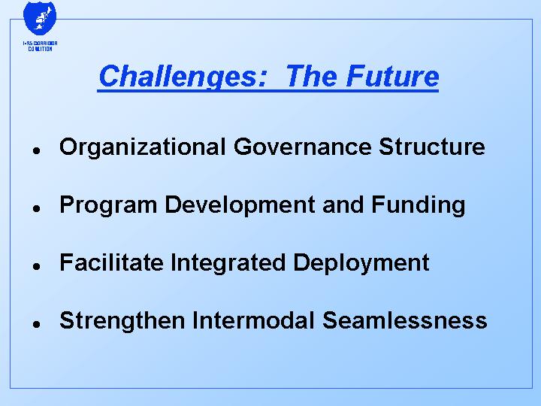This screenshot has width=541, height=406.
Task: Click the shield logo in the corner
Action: (40, 18)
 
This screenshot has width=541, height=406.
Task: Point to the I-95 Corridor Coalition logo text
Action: (40, 47)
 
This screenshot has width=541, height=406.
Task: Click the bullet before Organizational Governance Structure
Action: (35, 149)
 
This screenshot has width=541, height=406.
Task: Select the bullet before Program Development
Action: (35, 207)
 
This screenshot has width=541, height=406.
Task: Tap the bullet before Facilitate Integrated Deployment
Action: (35, 265)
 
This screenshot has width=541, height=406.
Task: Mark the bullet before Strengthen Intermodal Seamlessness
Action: (35, 323)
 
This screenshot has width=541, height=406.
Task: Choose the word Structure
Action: (432, 147)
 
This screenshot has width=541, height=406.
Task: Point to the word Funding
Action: (418, 205)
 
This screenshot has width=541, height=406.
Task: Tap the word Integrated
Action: (229, 263)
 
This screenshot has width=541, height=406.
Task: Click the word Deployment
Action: (361, 263)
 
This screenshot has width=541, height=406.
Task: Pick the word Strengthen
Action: (122, 321)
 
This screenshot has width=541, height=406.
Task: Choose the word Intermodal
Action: (254, 320)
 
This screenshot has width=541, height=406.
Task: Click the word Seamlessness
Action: (405, 320)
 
